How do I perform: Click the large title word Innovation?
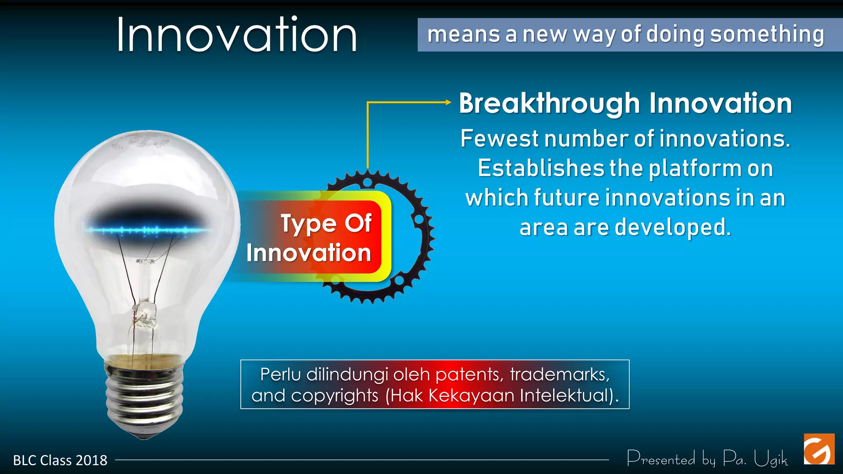coord(237,35)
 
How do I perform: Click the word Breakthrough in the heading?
coord(549,103)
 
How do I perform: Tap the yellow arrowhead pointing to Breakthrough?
coord(449,102)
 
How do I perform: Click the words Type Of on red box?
coord(326,224)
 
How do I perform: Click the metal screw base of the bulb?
coord(144,395)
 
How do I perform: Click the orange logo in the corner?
coord(819,449)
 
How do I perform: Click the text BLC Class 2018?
coord(60,460)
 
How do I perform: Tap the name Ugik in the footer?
coord(771,459)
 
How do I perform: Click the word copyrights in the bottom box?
coord(335,395)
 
